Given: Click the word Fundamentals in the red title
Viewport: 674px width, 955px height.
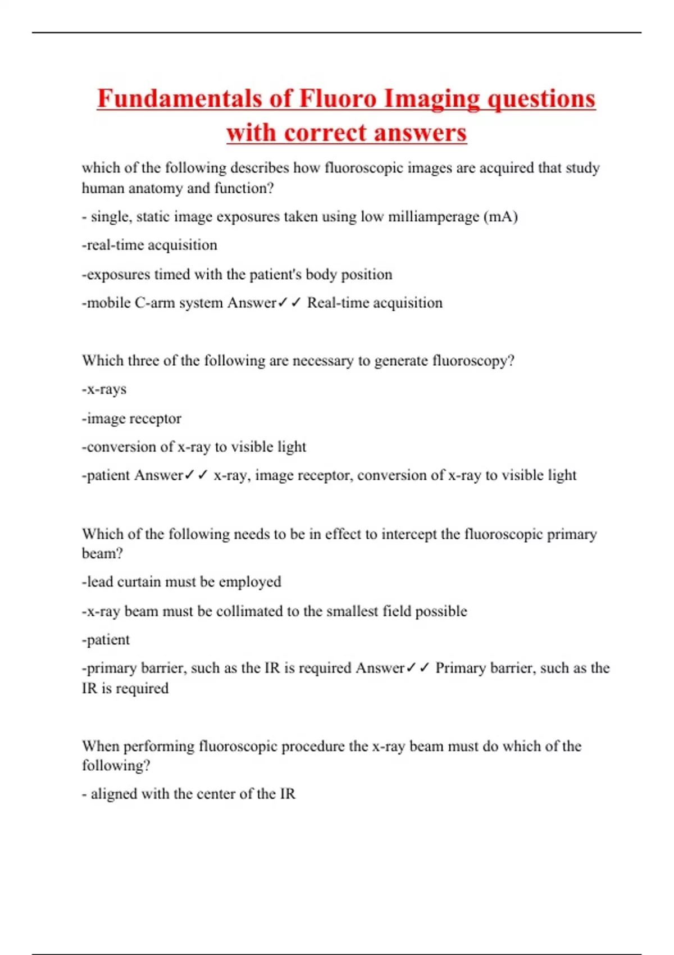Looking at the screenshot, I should pos(179,99).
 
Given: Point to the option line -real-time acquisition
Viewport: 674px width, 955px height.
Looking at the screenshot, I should pos(149,245).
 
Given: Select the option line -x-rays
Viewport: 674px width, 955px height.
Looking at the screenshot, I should pos(104,389).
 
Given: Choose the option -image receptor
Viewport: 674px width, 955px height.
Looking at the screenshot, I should pos(131,419).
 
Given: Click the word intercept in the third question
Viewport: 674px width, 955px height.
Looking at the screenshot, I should pos(408,534).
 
